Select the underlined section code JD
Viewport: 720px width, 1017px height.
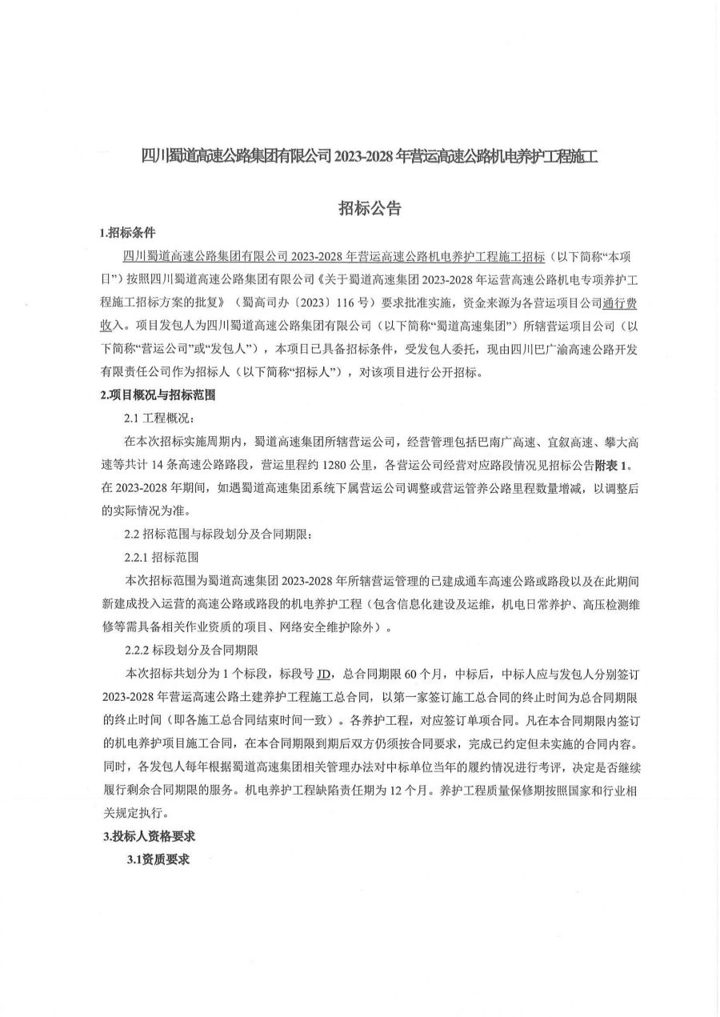(324, 672)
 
